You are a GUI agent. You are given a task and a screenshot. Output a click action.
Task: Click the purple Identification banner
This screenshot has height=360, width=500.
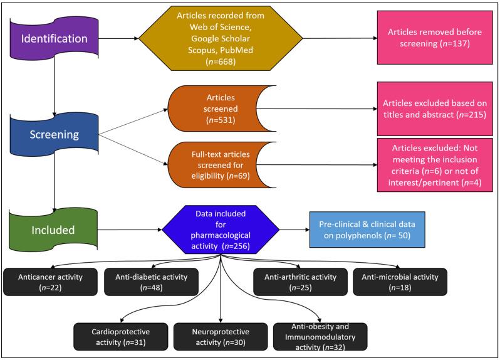coord(54,39)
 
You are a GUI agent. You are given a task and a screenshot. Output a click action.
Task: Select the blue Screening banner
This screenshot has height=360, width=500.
coord(54,134)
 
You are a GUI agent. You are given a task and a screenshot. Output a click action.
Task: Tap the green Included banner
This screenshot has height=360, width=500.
coord(53,230)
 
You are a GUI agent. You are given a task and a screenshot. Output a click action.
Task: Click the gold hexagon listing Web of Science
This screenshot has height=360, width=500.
coord(221,38)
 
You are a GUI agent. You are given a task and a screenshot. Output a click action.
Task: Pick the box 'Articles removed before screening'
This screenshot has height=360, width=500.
coord(435,38)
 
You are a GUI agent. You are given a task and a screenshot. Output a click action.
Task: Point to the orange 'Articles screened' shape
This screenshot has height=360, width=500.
coord(217,109)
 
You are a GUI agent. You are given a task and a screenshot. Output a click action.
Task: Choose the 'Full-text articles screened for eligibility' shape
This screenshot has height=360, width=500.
coord(217,165)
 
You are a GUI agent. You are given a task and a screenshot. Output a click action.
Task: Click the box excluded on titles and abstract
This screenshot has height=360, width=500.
coord(435,109)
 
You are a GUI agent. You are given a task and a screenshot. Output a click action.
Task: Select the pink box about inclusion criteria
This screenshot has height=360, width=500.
coord(435,165)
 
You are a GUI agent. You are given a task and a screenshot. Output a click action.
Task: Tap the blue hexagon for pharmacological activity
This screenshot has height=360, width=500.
coord(221,230)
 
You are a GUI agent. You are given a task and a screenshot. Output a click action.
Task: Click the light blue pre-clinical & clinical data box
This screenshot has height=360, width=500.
coord(367,230)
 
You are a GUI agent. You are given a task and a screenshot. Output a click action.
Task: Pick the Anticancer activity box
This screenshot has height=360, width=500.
coord(50,282)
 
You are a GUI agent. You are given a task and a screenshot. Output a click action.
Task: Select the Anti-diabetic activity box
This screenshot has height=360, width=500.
coord(151,282)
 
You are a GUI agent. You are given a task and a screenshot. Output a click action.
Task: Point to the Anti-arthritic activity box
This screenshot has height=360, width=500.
coord(300,282)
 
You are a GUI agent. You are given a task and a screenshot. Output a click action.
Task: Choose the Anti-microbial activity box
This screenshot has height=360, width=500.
coord(400,282)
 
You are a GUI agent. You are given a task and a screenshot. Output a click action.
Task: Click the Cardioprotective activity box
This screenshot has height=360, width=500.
coord(120,337)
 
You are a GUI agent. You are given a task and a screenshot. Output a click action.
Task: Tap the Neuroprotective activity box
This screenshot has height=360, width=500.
coord(221,337)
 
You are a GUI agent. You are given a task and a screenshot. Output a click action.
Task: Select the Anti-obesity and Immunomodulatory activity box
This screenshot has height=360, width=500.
coord(320,337)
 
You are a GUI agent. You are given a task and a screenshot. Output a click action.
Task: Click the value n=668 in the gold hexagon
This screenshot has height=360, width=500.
coord(221,61)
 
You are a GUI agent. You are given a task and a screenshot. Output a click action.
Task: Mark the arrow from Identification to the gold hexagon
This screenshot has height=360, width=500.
coord(118,39)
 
